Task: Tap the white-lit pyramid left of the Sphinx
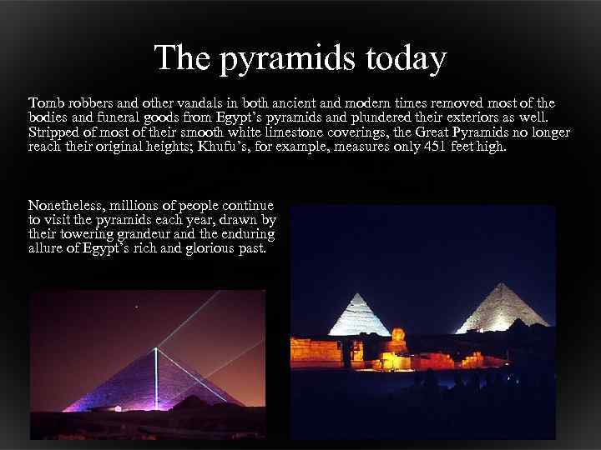pos(359,317)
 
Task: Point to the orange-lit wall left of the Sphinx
pos(316,351)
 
